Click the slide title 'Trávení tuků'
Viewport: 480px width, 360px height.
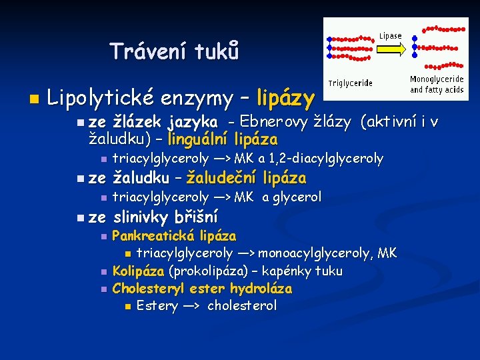[x=174, y=51]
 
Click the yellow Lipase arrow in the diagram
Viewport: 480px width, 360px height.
[x=391, y=48]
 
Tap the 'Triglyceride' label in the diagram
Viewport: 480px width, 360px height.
[x=351, y=83]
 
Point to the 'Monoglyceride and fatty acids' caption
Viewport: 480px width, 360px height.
[x=437, y=84]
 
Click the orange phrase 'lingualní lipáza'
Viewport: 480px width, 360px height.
[x=223, y=139]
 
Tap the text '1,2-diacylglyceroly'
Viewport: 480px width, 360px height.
[x=327, y=159]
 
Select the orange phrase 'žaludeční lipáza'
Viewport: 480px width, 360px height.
[x=246, y=178]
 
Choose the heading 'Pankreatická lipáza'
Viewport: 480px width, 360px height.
[x=174, y=236]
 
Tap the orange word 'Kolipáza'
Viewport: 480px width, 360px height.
[x=138, y=271]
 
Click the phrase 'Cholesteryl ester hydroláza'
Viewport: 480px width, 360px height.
[x=202, y=289]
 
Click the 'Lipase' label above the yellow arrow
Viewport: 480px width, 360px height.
[x=391, y=35]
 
